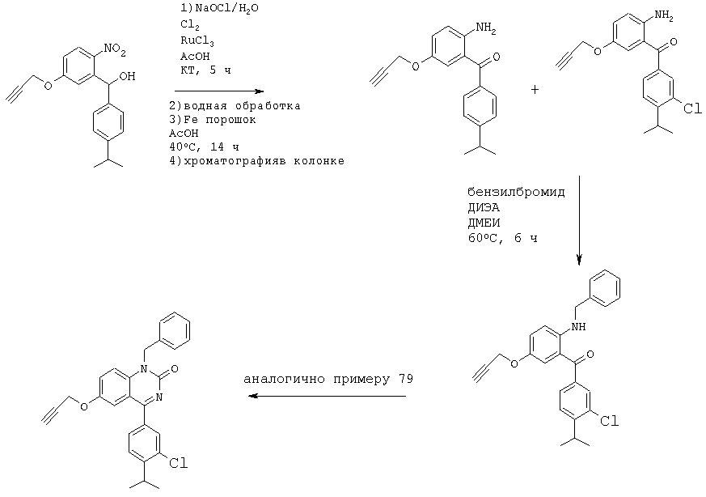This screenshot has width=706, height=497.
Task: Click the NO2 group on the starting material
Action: point(115,50)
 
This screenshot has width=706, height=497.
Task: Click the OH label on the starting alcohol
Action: point(128,76)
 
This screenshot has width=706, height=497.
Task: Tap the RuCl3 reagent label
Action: point(197,40)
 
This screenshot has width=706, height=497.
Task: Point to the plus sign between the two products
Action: point(535,90)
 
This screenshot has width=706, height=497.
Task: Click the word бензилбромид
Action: point(516,193)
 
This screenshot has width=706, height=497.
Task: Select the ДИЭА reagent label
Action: point(484,208)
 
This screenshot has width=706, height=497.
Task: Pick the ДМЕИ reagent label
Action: point(484,223)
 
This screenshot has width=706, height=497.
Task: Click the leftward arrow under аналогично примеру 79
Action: point(328,396)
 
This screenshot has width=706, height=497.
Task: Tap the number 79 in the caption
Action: point(405,379)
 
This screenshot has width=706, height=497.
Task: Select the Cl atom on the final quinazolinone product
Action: point(178,463)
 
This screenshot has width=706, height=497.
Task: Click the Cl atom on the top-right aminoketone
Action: point(692,108)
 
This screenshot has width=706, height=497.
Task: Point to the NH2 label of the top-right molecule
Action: point(663,15)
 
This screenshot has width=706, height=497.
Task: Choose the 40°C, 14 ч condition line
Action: point(204,147)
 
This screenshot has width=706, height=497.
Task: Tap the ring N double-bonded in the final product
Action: point(159,397)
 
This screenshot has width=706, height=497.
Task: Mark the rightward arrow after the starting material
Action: point(218,91)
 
